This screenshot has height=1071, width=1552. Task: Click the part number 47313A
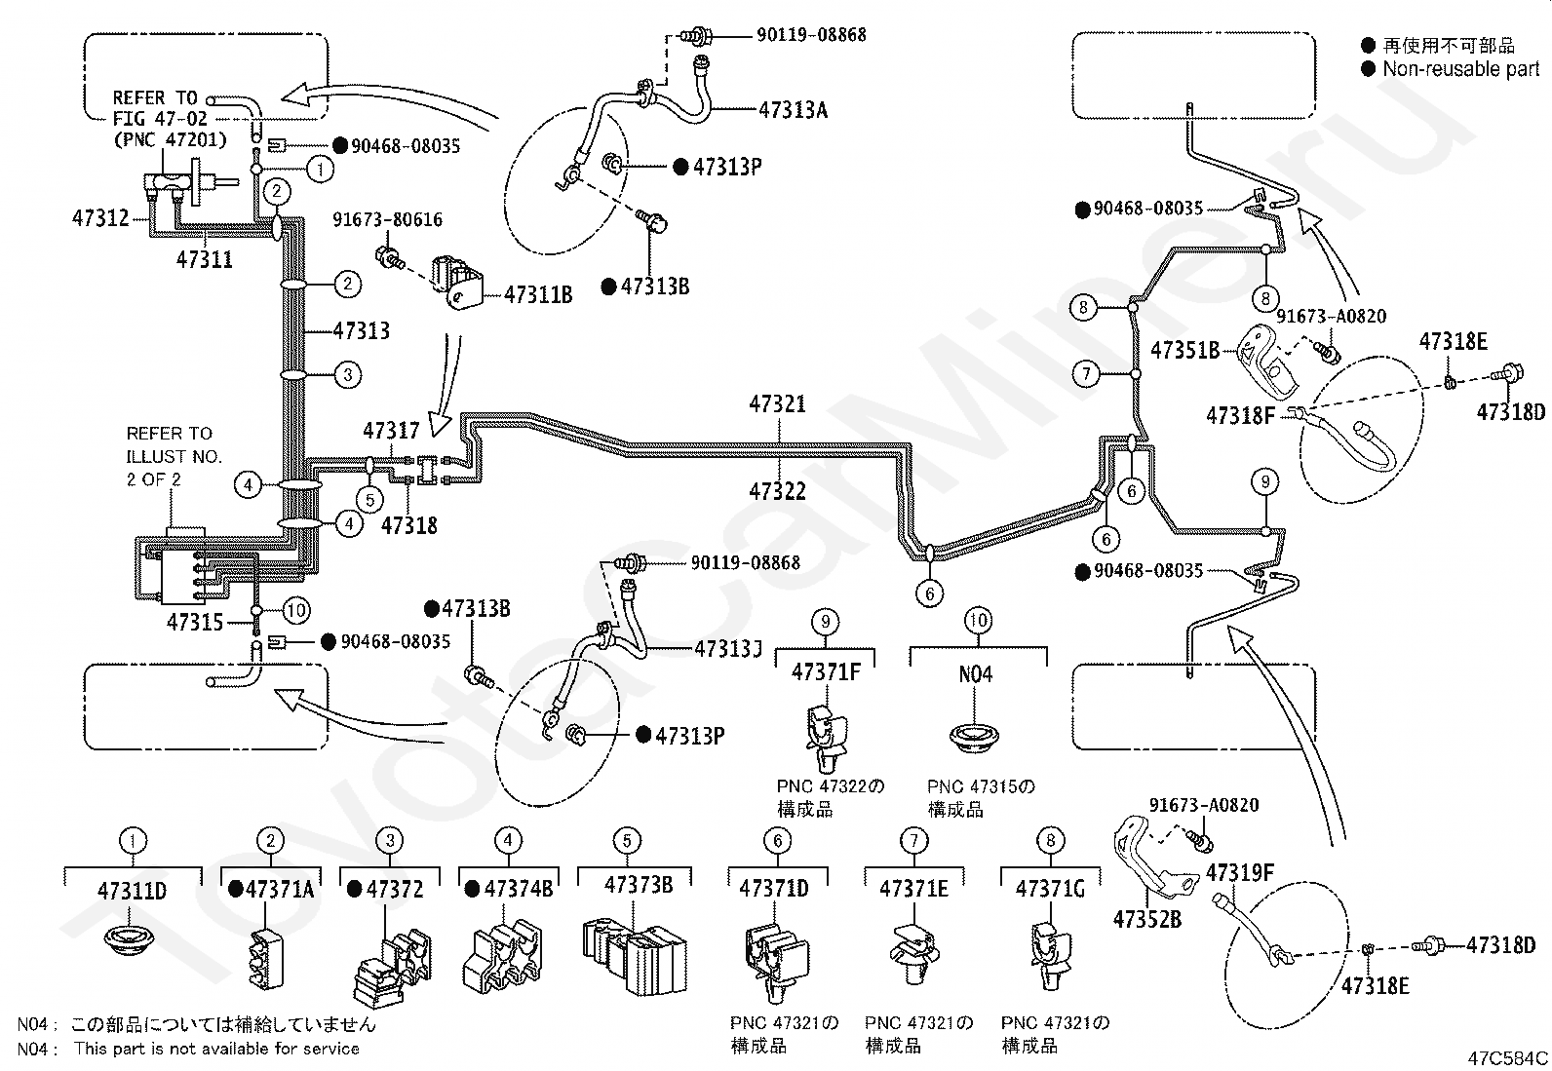point(794,109)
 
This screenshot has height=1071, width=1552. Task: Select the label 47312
point(100,218)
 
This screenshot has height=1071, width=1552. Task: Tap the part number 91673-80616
point(387,219)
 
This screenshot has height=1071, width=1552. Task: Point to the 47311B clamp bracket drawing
point(456,284)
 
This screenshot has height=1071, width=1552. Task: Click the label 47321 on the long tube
point(777,403)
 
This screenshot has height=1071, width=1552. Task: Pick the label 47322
point(777,491)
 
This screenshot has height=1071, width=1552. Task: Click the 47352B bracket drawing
point(1154,858)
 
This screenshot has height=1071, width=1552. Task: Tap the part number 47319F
point(1239,872)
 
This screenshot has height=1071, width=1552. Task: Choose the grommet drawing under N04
point(975,737)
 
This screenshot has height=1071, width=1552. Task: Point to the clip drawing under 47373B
point(634,957)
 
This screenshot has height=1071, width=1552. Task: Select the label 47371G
point(1050,888)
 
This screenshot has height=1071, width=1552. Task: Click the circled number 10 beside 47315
point(296,610)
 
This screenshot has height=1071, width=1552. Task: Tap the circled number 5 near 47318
point(370,500)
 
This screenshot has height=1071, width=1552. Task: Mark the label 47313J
point(728,648)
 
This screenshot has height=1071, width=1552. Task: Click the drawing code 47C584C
point(1508,1057)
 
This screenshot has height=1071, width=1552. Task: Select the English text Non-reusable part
point(1461,68)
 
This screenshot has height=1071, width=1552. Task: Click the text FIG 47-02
point(160,119)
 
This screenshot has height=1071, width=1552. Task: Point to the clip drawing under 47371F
point(826,739)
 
